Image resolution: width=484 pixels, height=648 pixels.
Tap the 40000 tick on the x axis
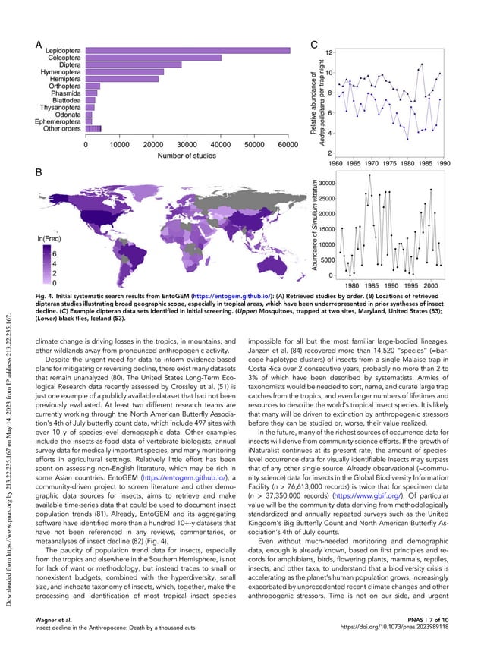point(221,143)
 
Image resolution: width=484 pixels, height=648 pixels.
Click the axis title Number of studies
point(187,156)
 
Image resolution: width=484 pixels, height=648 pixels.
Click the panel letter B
point(39,175)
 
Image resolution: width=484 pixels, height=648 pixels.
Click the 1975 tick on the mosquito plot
point(386,162)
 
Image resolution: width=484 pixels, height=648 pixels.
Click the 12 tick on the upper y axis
point(328,52)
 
